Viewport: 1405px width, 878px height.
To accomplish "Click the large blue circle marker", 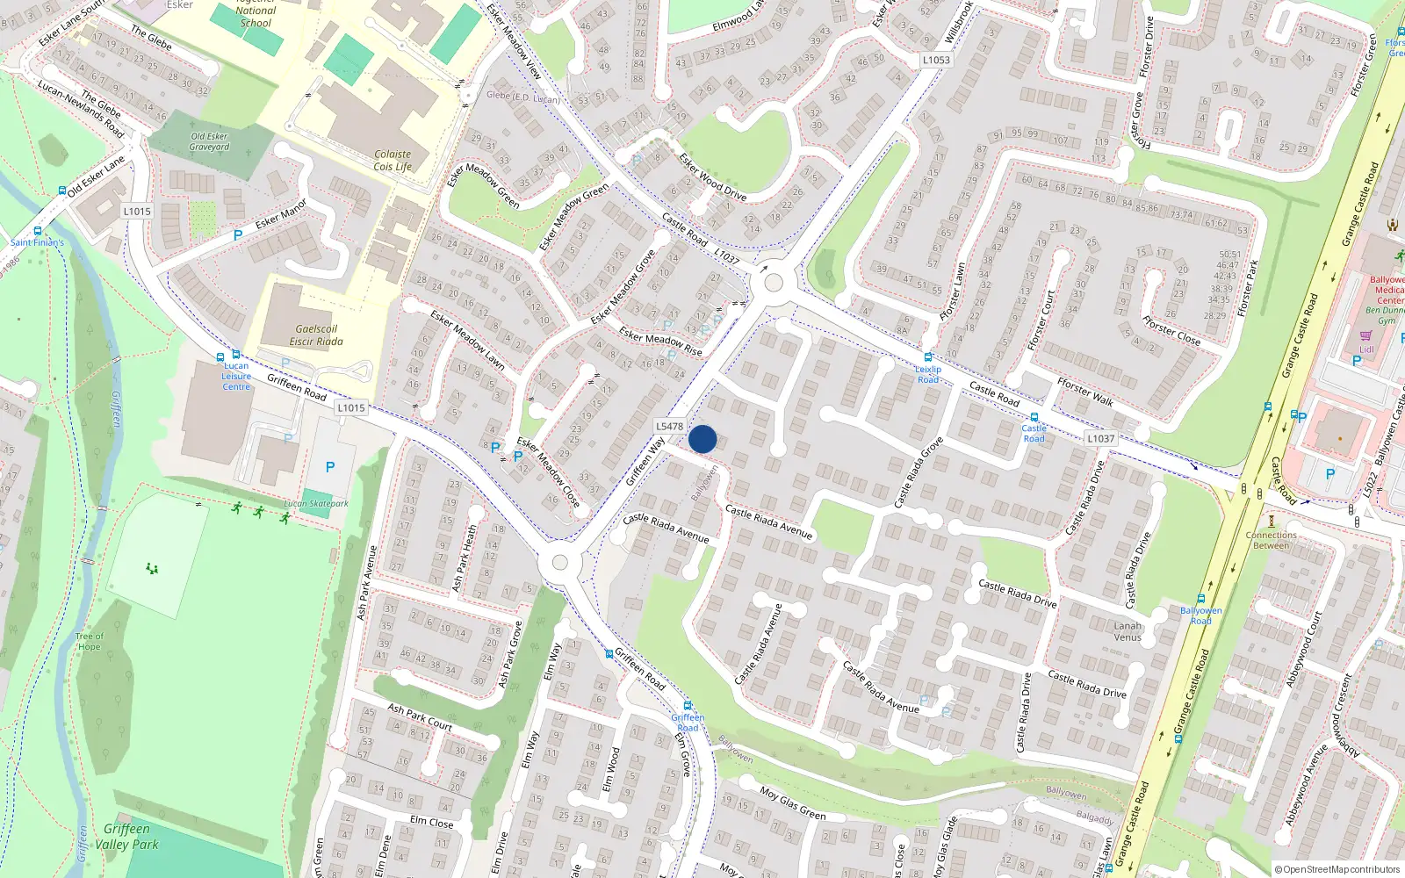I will [x=702, y=439].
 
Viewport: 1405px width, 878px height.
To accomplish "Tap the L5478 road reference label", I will [x=669, y=426].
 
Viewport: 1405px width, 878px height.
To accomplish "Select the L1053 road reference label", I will [x=936, y=60].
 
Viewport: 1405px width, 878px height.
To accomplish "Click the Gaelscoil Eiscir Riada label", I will [x=316, y=335].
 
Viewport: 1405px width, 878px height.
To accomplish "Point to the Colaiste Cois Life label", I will [x=393, y=160].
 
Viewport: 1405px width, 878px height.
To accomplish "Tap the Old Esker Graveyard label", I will [x=209, y=141].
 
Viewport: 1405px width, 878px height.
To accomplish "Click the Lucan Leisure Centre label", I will [x=236, y=376].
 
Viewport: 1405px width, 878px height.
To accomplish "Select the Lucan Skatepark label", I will [x=316, y=504].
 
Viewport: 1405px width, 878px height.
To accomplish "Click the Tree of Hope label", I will [x=89, y=641].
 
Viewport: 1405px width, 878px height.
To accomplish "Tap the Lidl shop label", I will [x=1366, y=349].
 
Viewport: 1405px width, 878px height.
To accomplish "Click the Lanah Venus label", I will [x=1128, y=631].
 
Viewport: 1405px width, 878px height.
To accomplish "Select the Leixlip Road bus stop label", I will [x=928, y=374].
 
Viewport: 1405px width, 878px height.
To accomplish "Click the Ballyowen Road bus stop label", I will [x=1200, y=615].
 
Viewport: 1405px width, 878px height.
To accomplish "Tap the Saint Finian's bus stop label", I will [x=37, y=242].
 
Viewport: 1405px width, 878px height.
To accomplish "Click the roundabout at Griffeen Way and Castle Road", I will [x=774, y=283].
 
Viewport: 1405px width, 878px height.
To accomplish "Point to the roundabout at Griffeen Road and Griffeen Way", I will [x=559, y=563].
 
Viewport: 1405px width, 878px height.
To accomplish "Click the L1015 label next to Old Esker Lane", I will [x=137, y=211].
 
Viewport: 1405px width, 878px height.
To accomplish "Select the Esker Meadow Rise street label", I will [x=660, y=341].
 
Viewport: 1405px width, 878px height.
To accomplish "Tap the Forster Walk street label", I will [x=1085, y=392].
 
